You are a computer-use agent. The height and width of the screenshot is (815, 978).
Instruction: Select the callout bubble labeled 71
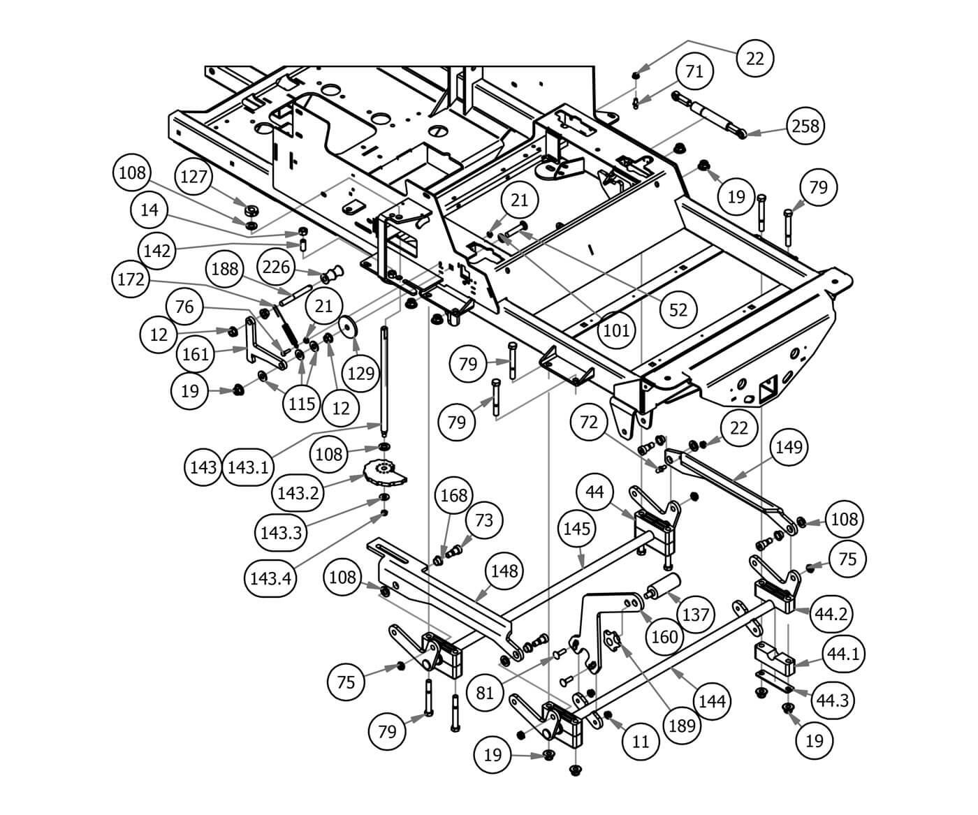click(x=694, y=71)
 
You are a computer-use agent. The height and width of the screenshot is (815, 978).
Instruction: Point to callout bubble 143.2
click(x=298, y=493)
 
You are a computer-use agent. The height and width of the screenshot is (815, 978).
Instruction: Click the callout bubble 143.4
click(x=270, y=578)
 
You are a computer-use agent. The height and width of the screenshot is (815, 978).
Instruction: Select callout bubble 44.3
click(x=832, y=699)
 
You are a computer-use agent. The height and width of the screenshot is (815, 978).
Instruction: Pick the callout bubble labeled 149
click(x=789, y=447)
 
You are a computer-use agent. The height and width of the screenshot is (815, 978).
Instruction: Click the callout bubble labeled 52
click(x=678, y=309)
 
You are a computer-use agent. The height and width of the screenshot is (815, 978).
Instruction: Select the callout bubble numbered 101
click(x=615, y=330)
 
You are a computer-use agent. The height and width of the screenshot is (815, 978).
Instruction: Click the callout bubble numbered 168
click(x=453, y=495)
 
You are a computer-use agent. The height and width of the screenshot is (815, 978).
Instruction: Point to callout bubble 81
click(x=485, y=692)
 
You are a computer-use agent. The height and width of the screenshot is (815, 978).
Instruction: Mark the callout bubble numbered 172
click(x=131, y=279)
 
